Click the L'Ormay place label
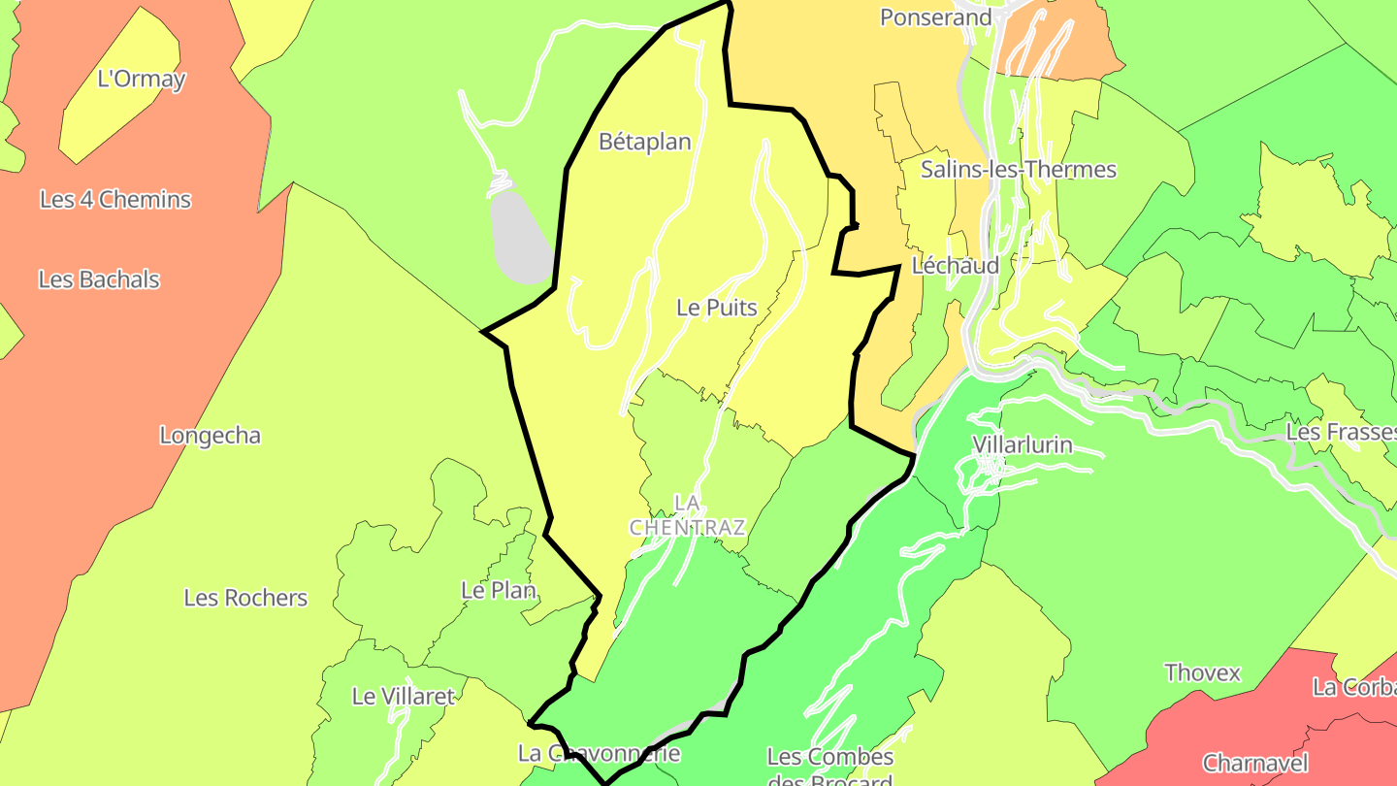click(x=142, y=79)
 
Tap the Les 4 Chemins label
click(x=115, y=200)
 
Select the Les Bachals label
click(x=99, y=279)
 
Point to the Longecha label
click(x=211, y=436)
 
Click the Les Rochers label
click(x=245, y=598)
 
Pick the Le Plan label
click(x=499, y=590)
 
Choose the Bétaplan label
click(x=645, y=142)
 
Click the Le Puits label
click(x=717, y=309)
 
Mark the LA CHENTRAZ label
click(x=688, y=515)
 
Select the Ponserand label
click(x=936, y=17)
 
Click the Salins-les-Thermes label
click(x=1019, y=170)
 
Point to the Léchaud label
click(x=956, y=266)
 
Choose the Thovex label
click(x=1202, y=672)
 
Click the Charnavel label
click(x=1255, y=763)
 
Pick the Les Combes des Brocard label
click(x=830, y=768)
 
